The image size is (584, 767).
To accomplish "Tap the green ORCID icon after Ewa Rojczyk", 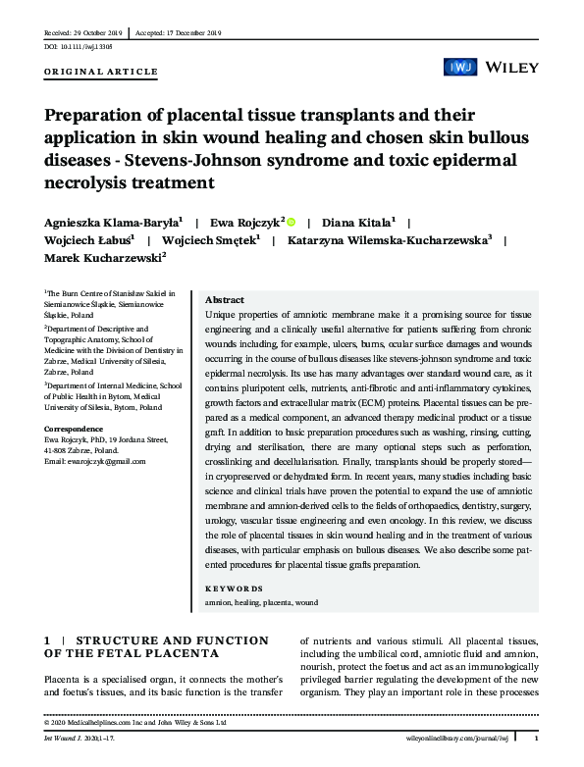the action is (291, 222).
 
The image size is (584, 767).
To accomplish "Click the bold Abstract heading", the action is (225, 299).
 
